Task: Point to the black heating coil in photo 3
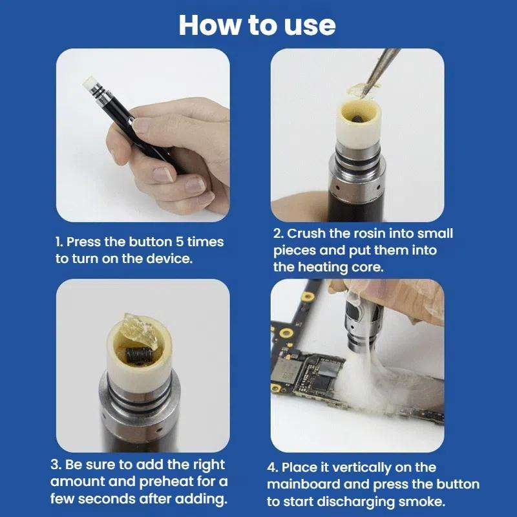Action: pyautogui.click(x=138, y=354)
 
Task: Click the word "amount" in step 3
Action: pyautogui.click(x=80, y=481)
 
